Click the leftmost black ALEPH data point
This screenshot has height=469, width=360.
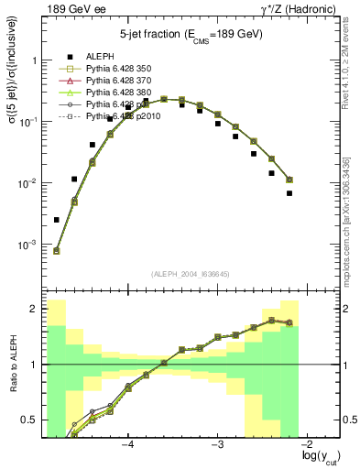point(57,220)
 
